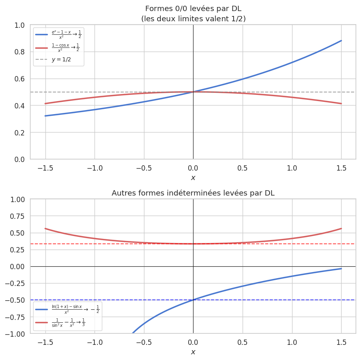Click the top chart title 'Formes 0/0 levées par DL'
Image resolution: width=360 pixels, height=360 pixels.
click(193, 9)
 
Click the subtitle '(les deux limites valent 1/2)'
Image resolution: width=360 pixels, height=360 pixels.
click(193, 18)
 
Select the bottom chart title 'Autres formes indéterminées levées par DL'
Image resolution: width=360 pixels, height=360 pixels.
click(193, 193)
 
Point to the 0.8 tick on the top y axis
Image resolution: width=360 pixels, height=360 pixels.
click(20, 52)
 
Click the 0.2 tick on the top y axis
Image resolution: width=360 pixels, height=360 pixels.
click(20, 133)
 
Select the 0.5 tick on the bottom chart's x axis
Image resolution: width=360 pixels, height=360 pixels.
click(243, 342)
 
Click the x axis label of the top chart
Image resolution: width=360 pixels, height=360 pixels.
click(193, 178)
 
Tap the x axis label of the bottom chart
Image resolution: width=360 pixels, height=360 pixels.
click(193, 352)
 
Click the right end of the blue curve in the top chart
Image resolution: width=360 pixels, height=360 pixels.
click(341, 40)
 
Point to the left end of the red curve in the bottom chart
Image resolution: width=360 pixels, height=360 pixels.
click(45, 228)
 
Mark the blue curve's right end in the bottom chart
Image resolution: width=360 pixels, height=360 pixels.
click(341, 268)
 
